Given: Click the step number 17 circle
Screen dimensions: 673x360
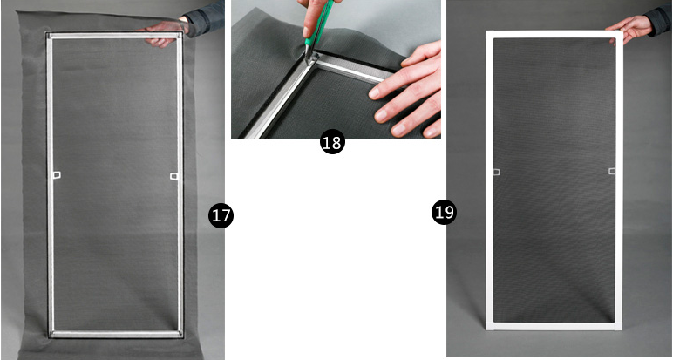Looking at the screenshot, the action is click(221, 215).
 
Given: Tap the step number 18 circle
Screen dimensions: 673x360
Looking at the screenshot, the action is click(332, 142).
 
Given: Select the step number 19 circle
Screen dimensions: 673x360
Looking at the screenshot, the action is click(444, 212).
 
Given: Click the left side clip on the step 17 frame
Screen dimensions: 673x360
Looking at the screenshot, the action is click(57, 175).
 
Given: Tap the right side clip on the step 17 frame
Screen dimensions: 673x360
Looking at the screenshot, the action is click(173, 176).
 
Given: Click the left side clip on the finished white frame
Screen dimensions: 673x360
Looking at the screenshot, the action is click(497, 172).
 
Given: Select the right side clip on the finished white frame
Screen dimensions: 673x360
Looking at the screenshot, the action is click(612, 171).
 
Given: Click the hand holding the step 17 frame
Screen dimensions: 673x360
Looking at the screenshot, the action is click(163, 32).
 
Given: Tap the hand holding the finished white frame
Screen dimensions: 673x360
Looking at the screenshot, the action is click(629, 28).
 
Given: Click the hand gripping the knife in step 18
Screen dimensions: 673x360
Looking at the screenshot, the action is click(316, 17).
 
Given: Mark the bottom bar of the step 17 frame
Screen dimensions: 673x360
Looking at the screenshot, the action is click(116, 334).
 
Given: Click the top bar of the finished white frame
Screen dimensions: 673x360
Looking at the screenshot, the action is click(554, 34).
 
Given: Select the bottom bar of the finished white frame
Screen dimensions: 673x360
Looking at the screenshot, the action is click(554, 326).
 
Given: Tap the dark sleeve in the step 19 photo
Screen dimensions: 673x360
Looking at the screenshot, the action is click(659, 19).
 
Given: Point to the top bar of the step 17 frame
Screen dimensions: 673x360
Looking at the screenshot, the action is click(115, 36).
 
